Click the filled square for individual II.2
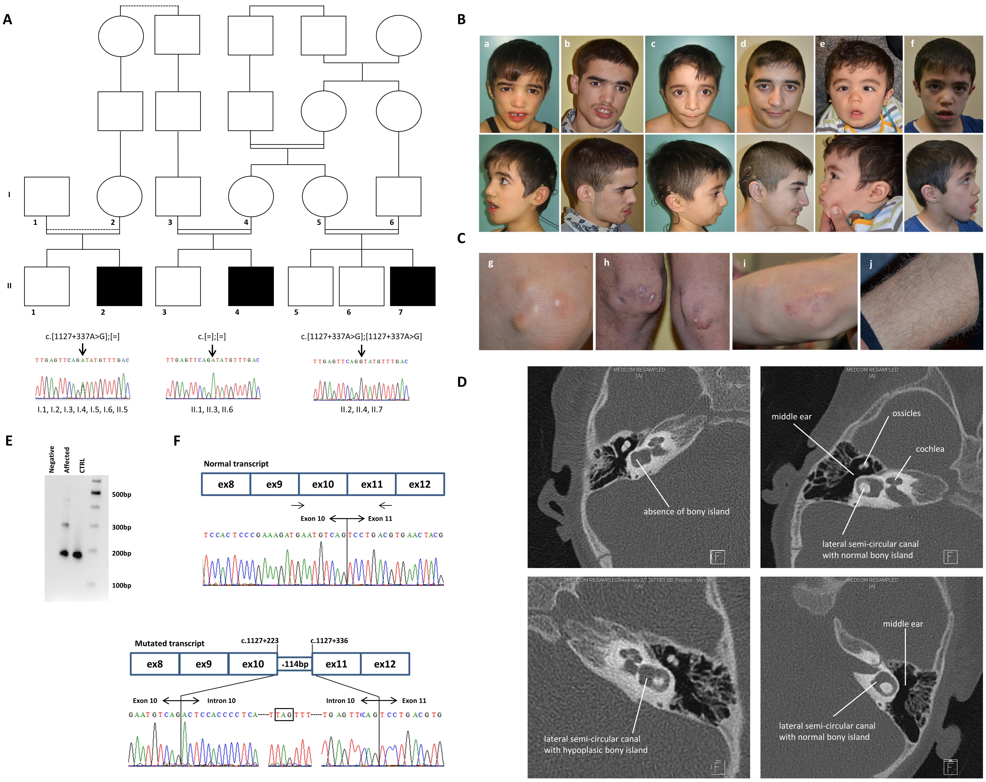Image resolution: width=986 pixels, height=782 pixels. tap(119, 286)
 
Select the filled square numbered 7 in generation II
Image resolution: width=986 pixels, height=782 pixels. tap(412, 286)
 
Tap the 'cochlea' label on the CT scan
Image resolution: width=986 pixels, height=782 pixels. tap(930, 449)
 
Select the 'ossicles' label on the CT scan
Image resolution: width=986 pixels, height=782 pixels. tap(906, 413)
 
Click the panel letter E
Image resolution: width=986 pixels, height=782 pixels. tap(9, 441)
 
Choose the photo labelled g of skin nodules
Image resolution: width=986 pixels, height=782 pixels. tap(536, 302)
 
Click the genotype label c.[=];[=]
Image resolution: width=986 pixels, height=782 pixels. tap(212, 336)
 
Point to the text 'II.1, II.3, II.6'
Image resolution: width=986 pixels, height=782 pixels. tap(212, 409)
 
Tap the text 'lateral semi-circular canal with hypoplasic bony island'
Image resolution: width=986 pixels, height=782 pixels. tap(595, 744)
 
